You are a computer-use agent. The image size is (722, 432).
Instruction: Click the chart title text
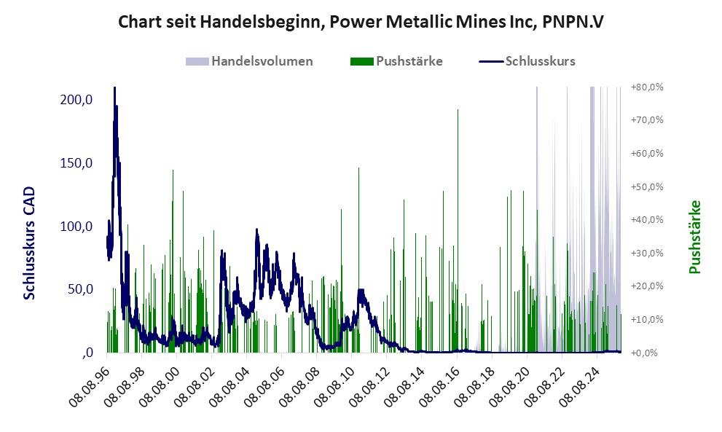click(361, 23)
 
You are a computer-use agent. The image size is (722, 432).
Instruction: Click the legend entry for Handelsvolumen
click(262, 61)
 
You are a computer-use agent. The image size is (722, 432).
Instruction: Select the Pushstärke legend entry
click(409, 61)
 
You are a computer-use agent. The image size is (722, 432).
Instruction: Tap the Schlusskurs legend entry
click(540, 61)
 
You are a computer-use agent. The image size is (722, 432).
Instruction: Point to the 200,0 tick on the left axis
click(76, 99)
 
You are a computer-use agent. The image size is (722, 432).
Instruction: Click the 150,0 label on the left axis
click(76, 162)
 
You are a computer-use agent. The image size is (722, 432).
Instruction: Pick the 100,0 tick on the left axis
click(76, 226)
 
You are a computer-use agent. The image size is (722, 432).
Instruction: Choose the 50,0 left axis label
click(79, 289)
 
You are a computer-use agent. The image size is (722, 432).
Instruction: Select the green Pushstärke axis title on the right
click(694, 237)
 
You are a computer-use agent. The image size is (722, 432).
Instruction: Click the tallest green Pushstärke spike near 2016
click(458, 111)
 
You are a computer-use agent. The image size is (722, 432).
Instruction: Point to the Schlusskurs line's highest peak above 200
click(114, 90)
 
